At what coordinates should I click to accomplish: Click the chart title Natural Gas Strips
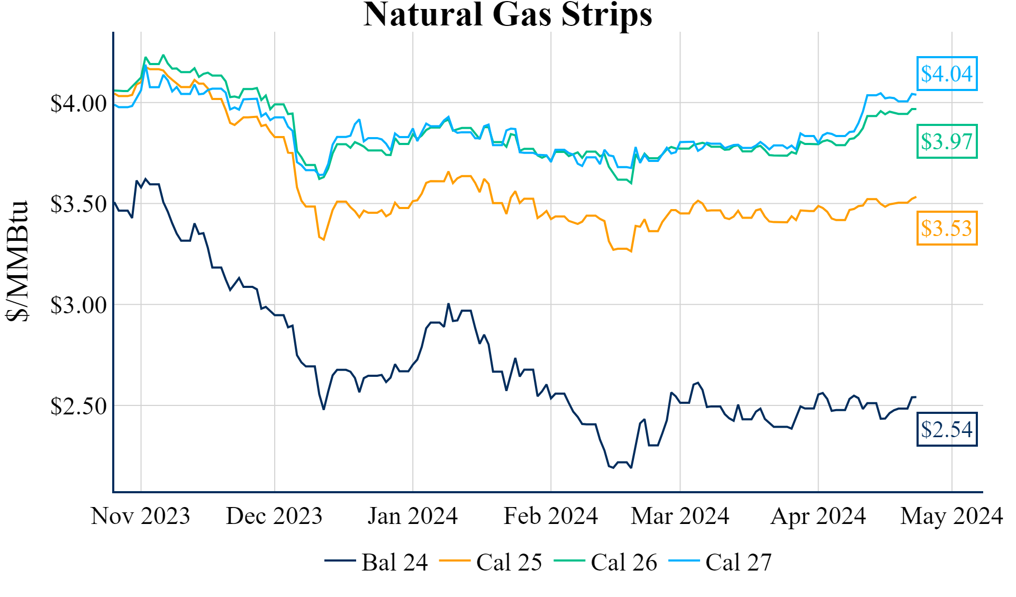(507, 15)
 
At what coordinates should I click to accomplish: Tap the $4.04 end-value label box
(947, 74)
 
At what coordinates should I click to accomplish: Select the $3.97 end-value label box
(947, 141)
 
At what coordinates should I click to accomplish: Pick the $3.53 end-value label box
(947, 228)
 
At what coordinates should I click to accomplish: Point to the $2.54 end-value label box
(947, 429)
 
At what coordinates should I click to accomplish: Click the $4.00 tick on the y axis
(78, 103)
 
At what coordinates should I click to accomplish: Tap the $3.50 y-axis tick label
(78, 204)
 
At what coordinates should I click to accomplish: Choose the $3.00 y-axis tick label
(78, 305)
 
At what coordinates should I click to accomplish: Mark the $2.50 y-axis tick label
(78, 406)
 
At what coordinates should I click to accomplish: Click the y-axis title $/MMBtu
(17, 261)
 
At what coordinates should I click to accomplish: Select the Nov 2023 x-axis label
(140, 516)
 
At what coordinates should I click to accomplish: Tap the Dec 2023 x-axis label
(274, 516)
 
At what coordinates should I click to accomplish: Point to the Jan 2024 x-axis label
(413, 516)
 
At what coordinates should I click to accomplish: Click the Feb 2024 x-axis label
(551, 516)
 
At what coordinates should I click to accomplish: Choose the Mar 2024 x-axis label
(680, 516)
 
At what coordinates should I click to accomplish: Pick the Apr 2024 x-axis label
(818, 516)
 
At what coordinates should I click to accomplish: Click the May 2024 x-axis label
(951, 516)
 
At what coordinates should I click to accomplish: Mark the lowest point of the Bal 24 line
(631, 468)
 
